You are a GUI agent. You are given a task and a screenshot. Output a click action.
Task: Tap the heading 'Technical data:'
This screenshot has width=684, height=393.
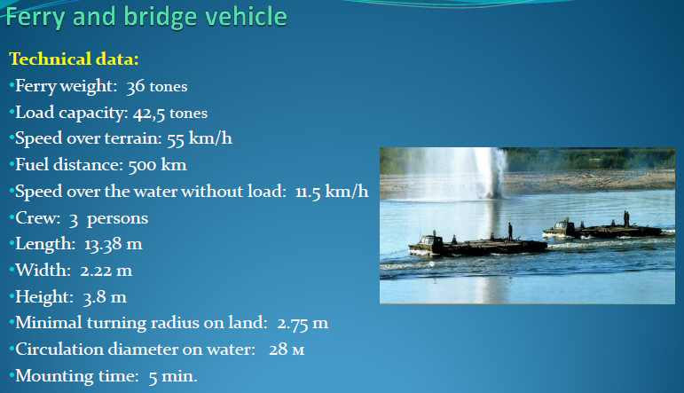pyautogui.click(x=74, y=59)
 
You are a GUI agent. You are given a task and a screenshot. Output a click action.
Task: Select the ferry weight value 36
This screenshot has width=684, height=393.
pyautogui.click(x=135, y=86)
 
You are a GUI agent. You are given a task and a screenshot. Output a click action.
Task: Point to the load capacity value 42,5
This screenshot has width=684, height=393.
pyautogui.click(x=149, y=114)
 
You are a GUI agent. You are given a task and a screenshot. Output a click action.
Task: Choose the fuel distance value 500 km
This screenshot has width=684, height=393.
pyautogui.click(x=158, y=165)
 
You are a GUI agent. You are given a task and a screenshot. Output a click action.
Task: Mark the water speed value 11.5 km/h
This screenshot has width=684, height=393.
pyautogui.click(x=332, y=192)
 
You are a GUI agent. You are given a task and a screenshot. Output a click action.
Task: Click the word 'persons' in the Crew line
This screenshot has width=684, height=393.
pyautogui.click(x=118, y=218)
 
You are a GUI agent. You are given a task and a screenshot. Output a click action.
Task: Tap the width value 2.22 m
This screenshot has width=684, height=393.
pyautogui.click(x=106, y=271)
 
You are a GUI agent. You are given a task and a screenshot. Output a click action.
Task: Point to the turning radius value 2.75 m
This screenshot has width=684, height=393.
pyautogui.click(x=303, y=323)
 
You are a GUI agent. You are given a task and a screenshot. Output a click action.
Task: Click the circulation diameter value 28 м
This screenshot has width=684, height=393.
pyautogui.click(x=287, y=350)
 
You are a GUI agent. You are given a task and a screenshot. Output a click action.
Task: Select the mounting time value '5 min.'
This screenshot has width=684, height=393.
pyautogui.click(x=173, y=376)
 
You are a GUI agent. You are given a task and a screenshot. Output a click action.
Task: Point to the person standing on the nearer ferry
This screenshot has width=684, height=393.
pyautogui.click(x=510, y=232)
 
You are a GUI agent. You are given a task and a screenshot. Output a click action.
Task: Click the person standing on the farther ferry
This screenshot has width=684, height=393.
pyautogui.click(x=626, y=218)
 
